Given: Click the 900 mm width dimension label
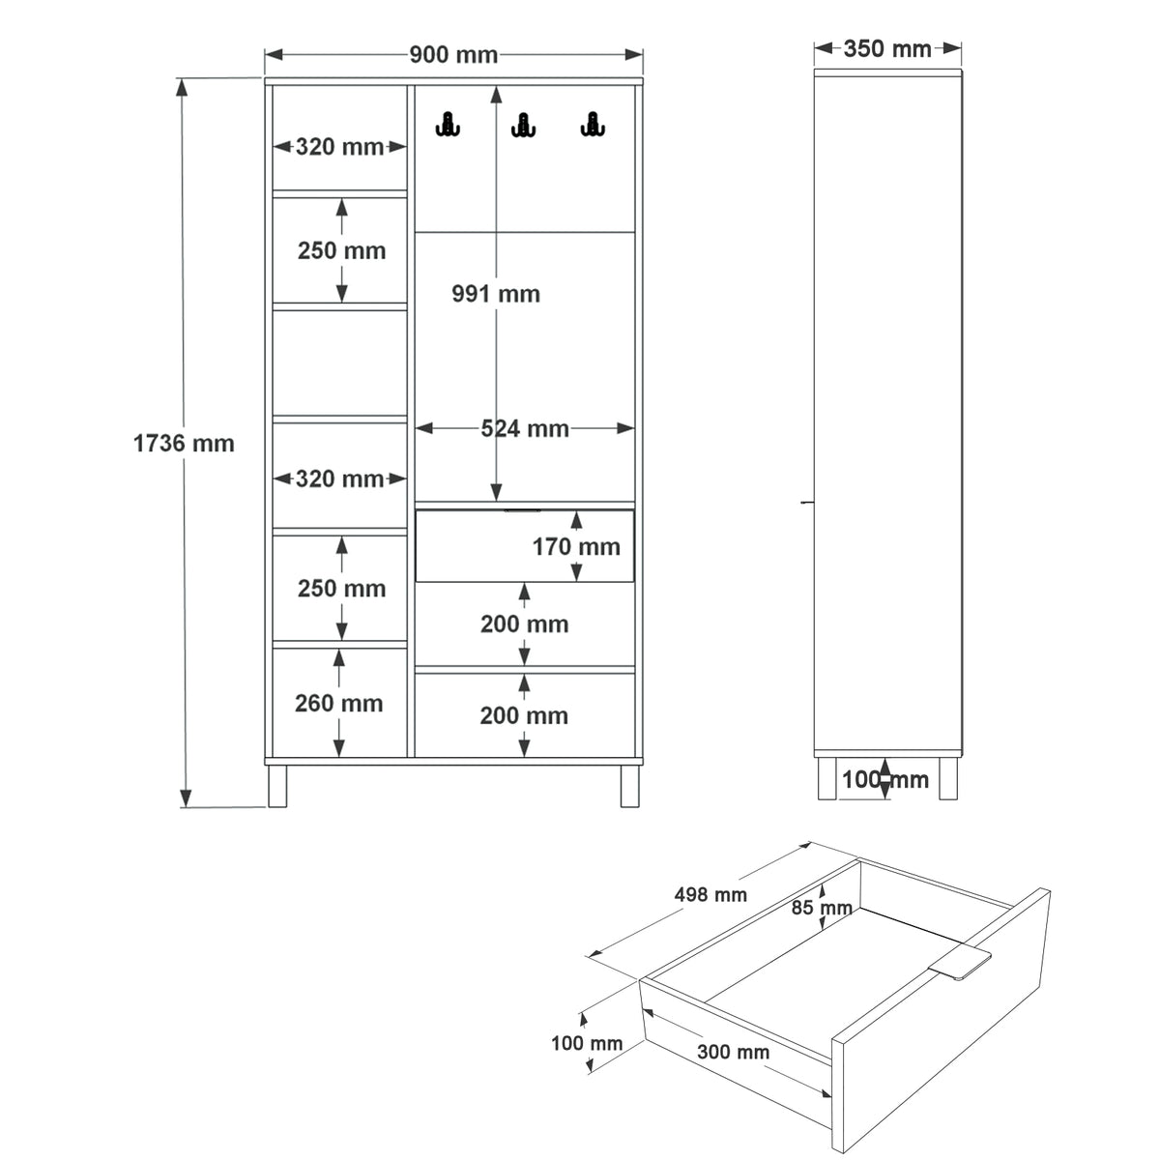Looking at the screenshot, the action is [453, 55].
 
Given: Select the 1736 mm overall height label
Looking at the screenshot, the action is [184, 444].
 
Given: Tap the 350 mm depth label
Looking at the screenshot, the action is [887, 48].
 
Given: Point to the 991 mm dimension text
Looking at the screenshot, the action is [496, 294].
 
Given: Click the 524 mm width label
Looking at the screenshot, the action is [524, 428].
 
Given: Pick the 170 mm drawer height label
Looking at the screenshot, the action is [576, 546].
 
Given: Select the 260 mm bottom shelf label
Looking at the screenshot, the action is [339, 703].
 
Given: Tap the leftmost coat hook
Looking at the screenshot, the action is [448, 125].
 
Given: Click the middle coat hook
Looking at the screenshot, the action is [523, 126].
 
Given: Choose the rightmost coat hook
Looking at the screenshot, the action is [593, 125].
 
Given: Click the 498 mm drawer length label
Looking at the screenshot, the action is [710, 894].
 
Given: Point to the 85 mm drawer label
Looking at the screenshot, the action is [822, 907].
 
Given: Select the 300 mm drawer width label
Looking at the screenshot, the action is [733, 1052].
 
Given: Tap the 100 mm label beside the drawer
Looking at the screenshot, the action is [587, 1043].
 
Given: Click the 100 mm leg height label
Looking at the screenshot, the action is [884, 779].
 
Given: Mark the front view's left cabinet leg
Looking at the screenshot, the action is [277, 786].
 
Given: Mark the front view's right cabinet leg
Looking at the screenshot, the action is [629, 786].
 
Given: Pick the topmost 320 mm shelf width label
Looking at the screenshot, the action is [339, 147].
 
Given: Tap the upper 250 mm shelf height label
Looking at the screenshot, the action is [342, 251].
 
